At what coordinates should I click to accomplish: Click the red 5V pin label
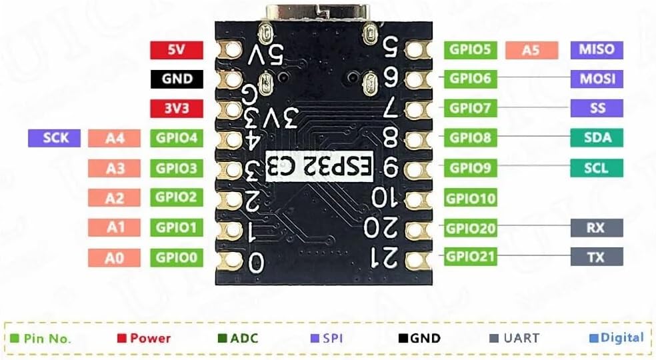[x=172, y=50]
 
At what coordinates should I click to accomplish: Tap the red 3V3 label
[x=172, y=108]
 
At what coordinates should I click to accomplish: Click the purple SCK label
[x=54, y=138]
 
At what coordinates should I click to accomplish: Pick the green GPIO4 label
[x=177, y=138]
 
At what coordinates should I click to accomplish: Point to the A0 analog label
[x=115, y=257]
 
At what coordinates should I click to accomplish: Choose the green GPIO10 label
[x=470, y=198]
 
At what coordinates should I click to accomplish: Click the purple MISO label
[x=597, y=49]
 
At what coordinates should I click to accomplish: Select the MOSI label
[x=597, y=79]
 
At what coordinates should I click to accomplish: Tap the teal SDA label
[x=597, y=138]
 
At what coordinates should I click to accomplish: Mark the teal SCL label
[x=597, y=167]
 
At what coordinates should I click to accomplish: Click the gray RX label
[x=597, y=227]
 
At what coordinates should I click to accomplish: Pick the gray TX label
[x=597, y=257]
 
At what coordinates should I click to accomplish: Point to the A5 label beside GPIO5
[x=531, y=50]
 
